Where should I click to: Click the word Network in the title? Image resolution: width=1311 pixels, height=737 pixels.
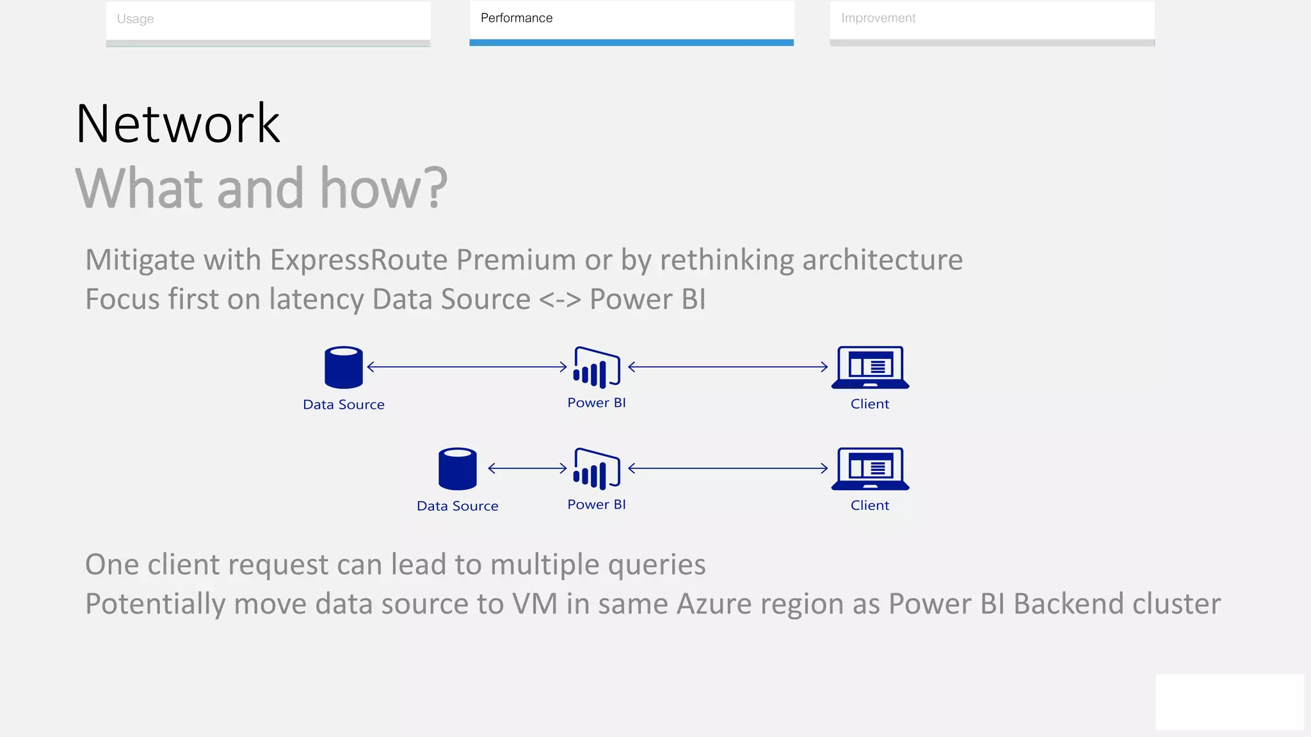pyautogui.click(x=178, y=123)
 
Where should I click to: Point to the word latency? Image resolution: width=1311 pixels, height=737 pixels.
pyautogui.click(x=316, y=299)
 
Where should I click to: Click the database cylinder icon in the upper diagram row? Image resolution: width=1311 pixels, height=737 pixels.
pyautogui.click(x=344, y=368)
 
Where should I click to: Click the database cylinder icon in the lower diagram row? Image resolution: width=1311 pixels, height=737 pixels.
pyautogui.click(x=458, y=469)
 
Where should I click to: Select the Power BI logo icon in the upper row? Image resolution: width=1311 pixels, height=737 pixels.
pyautogui.click(x=597, y=368)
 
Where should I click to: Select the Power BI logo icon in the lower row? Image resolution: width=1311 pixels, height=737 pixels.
pyautogui.click(x=597, y=469)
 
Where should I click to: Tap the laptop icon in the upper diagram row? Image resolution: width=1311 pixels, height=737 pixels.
pyautogui.click(x=870, y=368)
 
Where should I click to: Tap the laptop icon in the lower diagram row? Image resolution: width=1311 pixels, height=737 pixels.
pyautogui.click(x=870, y=469)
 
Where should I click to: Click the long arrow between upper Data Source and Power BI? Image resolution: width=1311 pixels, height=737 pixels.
pyautogui.click(x=467, y=367)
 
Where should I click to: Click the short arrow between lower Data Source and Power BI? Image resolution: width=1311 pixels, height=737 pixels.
pyautogui.click(x=527, y=468)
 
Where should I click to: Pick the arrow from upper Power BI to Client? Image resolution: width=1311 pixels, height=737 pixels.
pyautogui.click(x=728, y=367)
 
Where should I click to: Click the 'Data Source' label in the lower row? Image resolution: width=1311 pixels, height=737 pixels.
pyautogui.click(x=457, y=506)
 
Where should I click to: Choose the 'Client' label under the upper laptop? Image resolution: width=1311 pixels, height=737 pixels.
pyautogui.click(x=869, y=404)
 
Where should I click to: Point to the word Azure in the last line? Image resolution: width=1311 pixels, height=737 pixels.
pyautogui.click(x=714, y=604)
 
